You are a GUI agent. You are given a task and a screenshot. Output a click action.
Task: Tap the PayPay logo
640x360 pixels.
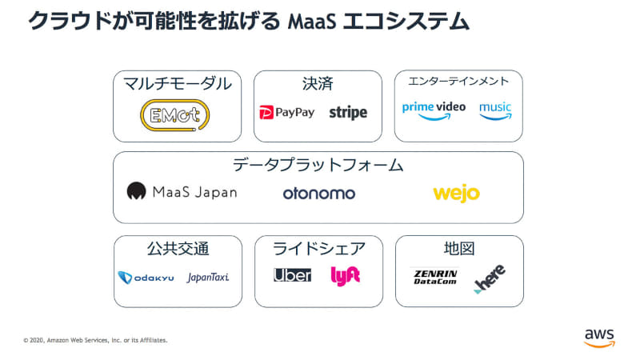[x=287, y=113]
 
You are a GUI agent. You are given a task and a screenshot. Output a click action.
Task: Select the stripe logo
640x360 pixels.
[x=348, y=113]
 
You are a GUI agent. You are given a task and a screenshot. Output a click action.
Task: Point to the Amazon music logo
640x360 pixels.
[x=495, y=110]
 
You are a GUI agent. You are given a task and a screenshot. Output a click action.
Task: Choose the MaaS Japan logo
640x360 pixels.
[x=182, y=192]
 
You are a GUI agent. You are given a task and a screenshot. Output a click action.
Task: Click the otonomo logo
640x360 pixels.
[x=318, y=193]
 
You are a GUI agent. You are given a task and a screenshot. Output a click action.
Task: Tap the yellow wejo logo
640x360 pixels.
[x=456, y=193]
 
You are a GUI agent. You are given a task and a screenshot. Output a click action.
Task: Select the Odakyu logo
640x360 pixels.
[x=146, y=277]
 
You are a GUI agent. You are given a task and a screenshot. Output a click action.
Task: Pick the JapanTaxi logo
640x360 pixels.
[x=208, y=277]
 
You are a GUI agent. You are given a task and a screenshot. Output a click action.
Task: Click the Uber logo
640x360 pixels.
[x=292, y=275]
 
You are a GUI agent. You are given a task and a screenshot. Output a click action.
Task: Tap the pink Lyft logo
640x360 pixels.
[x=346, y=275]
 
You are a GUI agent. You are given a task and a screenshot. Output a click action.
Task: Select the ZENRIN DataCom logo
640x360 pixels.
[x=435, y=277]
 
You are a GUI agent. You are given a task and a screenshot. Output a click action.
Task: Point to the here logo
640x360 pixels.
[x=489, y=278]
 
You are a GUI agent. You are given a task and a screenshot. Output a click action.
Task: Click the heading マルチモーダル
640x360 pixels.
[x=178, y=84]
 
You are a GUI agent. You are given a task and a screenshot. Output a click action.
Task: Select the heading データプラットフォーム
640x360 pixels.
[x=318, y=166]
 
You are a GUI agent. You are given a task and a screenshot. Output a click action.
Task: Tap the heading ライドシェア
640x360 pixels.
[x=318, y=249]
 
